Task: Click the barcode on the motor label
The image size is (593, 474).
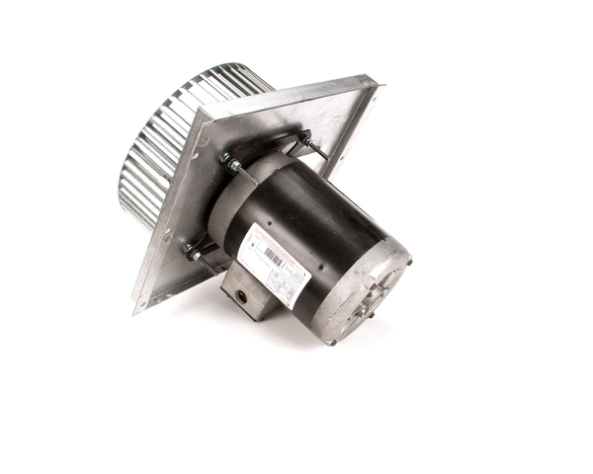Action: pos(274,260)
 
